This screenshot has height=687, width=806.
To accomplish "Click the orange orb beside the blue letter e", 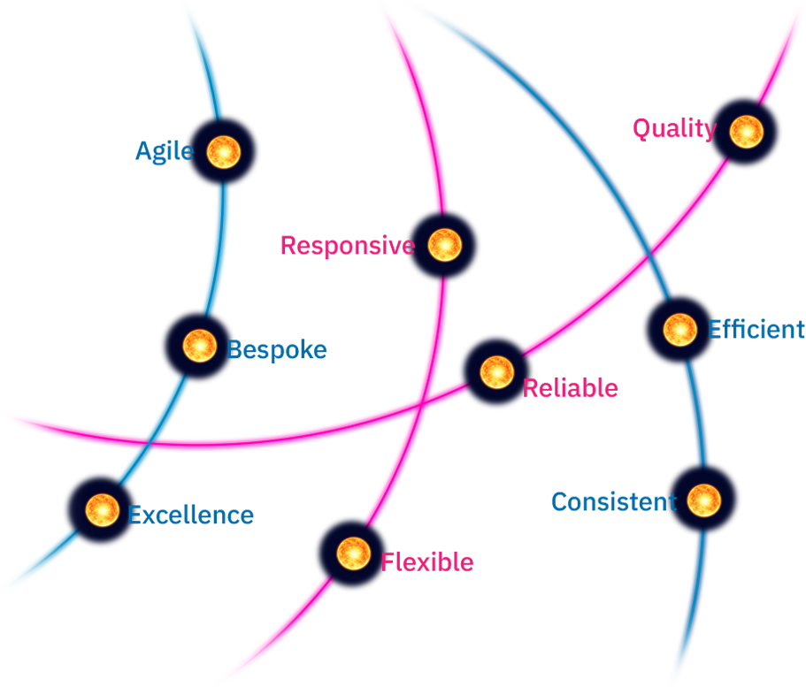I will point(224,151).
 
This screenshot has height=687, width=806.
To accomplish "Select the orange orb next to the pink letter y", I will point(746,132).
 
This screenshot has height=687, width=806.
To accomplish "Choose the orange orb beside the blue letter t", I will point(703,501).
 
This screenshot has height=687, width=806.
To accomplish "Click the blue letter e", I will point(187,151).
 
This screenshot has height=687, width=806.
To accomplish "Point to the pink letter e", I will point(408,245).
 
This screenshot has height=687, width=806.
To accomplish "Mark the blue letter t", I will point(670,503).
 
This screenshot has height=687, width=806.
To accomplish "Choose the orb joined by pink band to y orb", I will point(496,371).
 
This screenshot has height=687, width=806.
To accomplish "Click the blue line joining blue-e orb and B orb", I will point(213,248).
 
